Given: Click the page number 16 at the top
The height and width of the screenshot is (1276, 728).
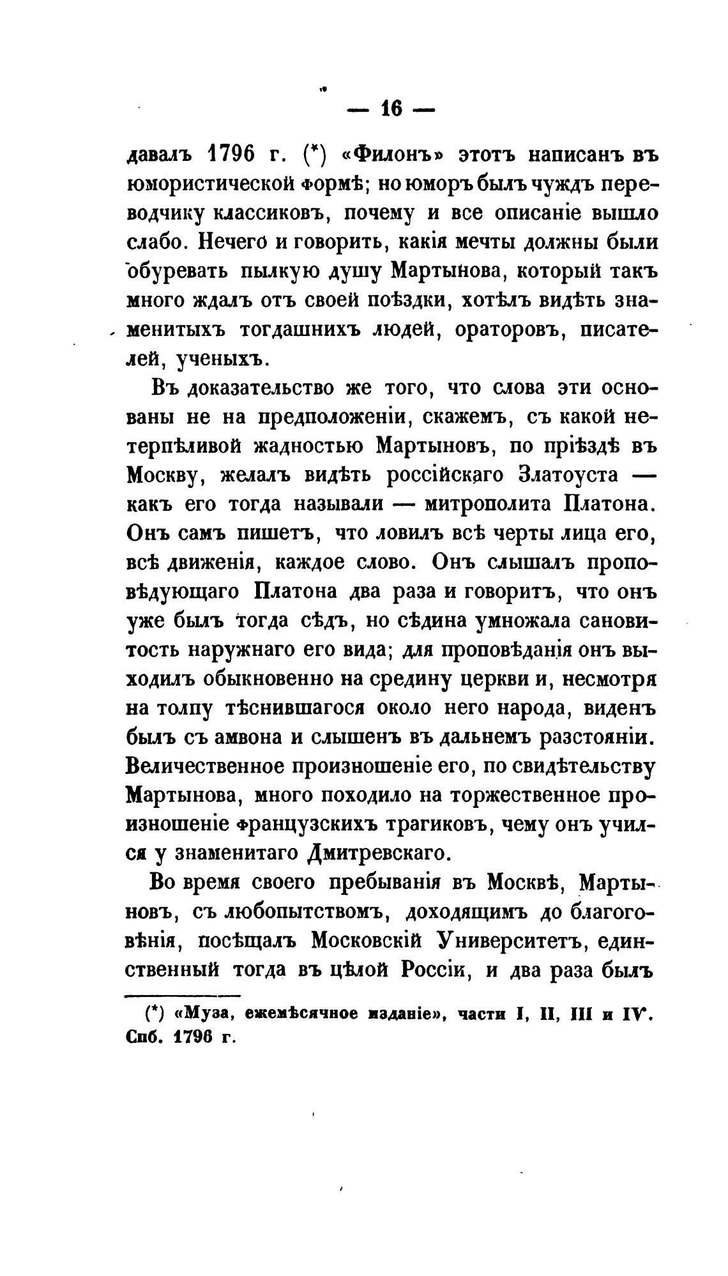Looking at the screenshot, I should click(x=390, y=109).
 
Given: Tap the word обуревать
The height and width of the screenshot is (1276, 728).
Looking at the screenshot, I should click(x=176, y=273).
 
